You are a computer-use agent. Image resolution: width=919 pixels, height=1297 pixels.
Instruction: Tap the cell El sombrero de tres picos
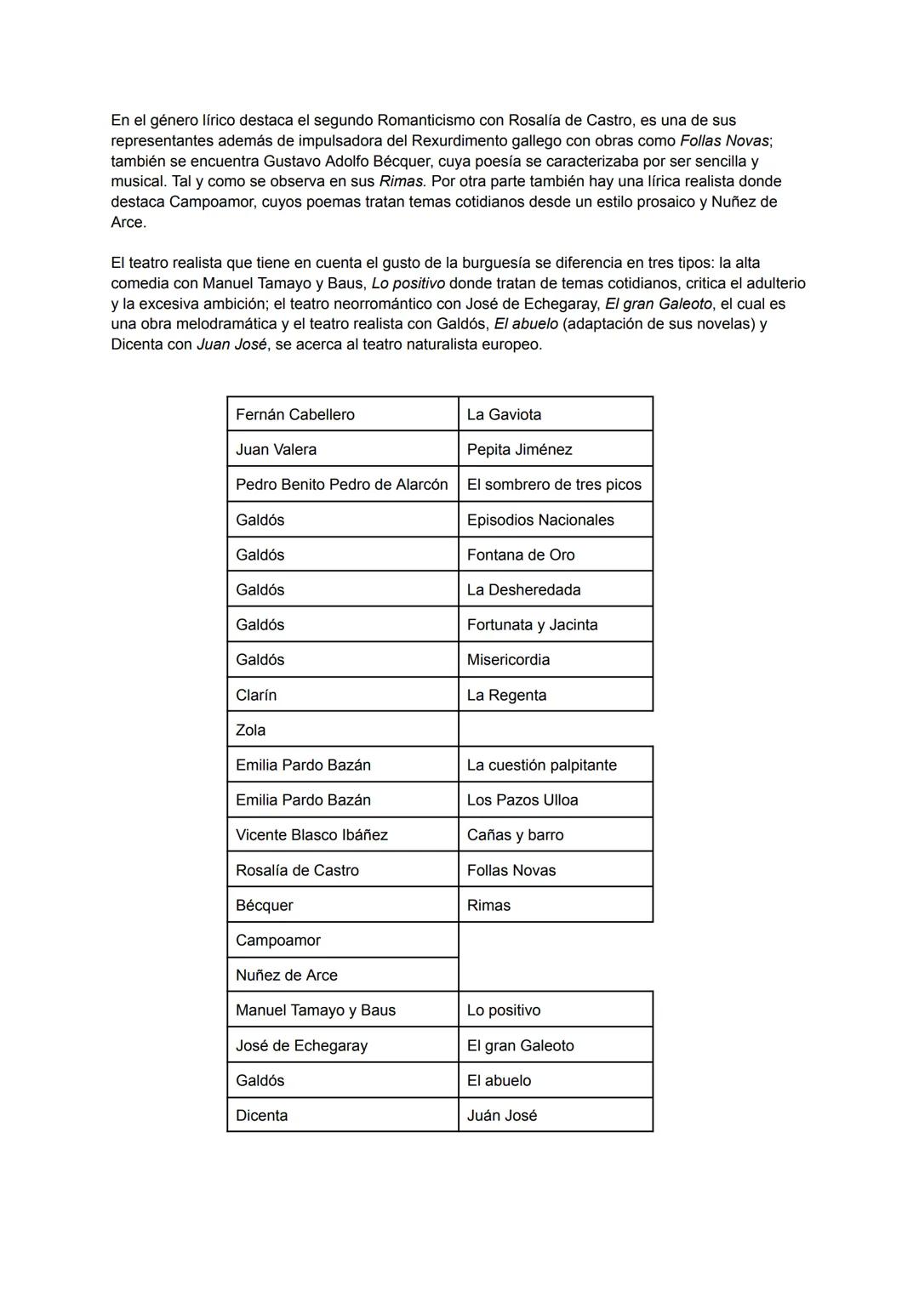[x=554, y=485]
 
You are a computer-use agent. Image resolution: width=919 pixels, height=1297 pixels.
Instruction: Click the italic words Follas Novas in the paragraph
[x=724, y=140]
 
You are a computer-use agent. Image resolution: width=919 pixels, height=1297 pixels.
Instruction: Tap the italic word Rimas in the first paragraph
[x=402, y=181]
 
